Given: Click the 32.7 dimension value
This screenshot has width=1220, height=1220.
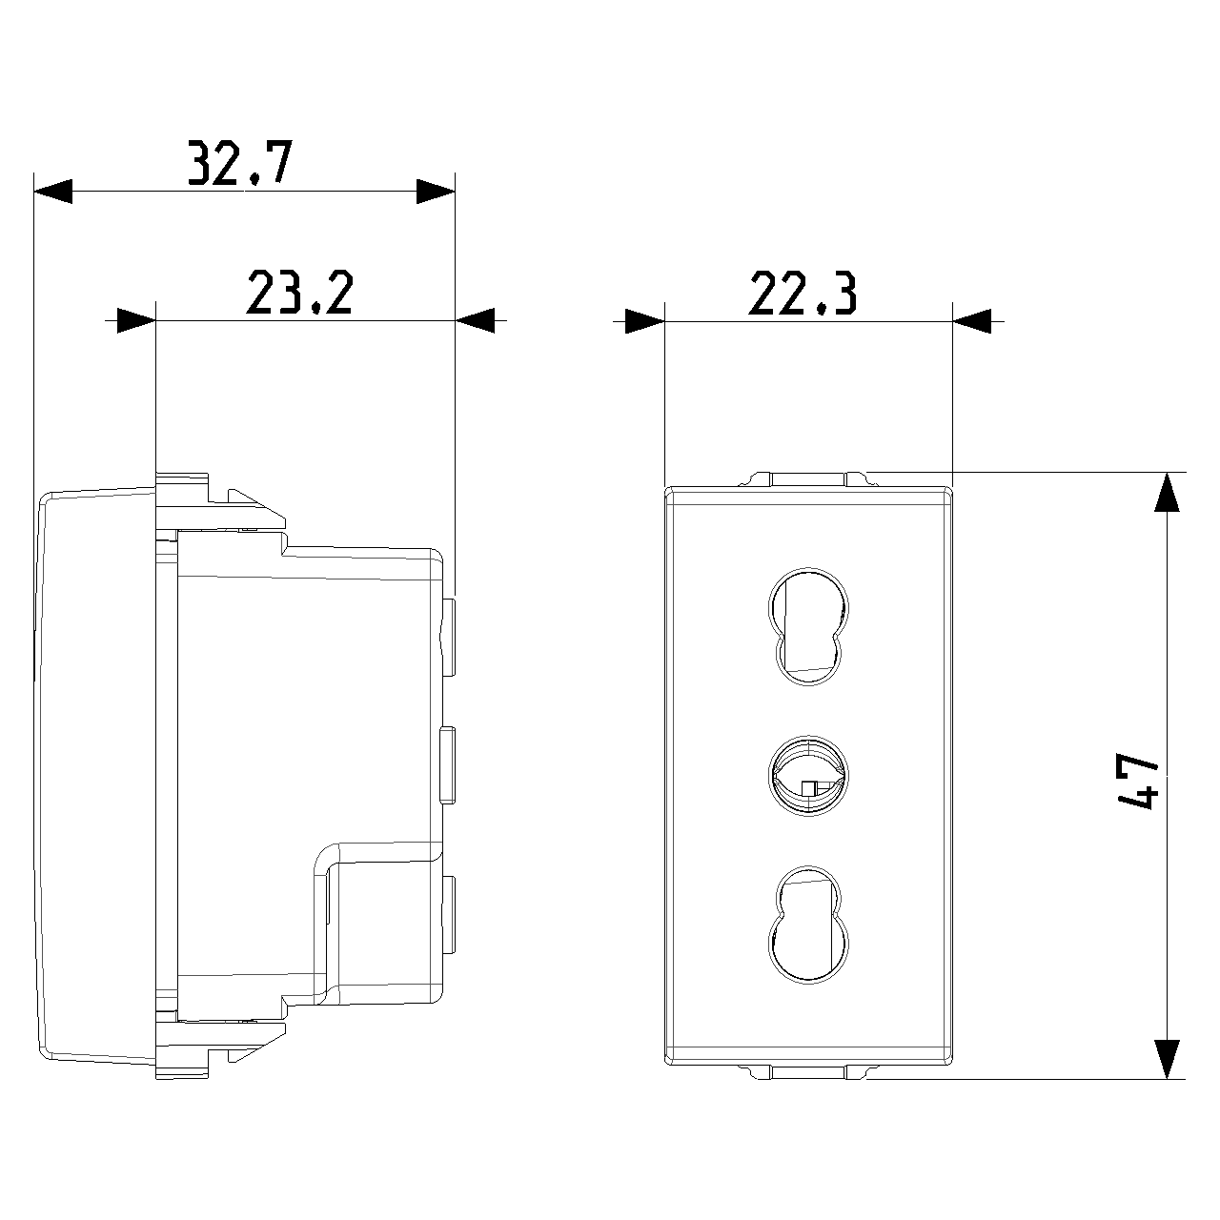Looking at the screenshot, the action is coord(240,163).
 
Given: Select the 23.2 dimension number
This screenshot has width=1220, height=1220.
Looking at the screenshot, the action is coord(299,293).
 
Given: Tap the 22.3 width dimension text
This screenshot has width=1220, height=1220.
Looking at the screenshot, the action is coord(803,293).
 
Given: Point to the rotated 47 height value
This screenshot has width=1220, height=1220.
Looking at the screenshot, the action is coord(1136,781).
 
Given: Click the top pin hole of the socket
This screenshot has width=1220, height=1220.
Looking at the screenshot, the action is coord(808,627).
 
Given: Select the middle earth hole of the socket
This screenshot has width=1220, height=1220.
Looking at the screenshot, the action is coord(808,776).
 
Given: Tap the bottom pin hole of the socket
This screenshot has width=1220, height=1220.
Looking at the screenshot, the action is coord(808,925).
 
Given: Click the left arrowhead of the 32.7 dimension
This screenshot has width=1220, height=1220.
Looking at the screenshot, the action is coord(53,192).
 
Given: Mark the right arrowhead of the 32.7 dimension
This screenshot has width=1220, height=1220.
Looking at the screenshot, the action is coord(436,192).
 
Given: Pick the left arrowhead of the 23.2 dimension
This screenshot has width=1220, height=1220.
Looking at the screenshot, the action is coord(136,321).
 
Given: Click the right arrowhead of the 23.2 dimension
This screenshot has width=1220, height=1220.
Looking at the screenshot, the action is coord(475,321).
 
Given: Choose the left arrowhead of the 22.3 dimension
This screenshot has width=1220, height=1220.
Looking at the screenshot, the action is coord(644,321).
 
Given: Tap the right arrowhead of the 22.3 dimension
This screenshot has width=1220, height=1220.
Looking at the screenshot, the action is coord(972,321).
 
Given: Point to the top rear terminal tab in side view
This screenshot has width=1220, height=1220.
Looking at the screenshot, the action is coord(448,637).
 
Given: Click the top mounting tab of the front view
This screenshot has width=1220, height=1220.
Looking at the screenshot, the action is coord(808,479).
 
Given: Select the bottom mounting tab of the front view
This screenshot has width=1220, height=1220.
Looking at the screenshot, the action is coord(808,1072).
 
